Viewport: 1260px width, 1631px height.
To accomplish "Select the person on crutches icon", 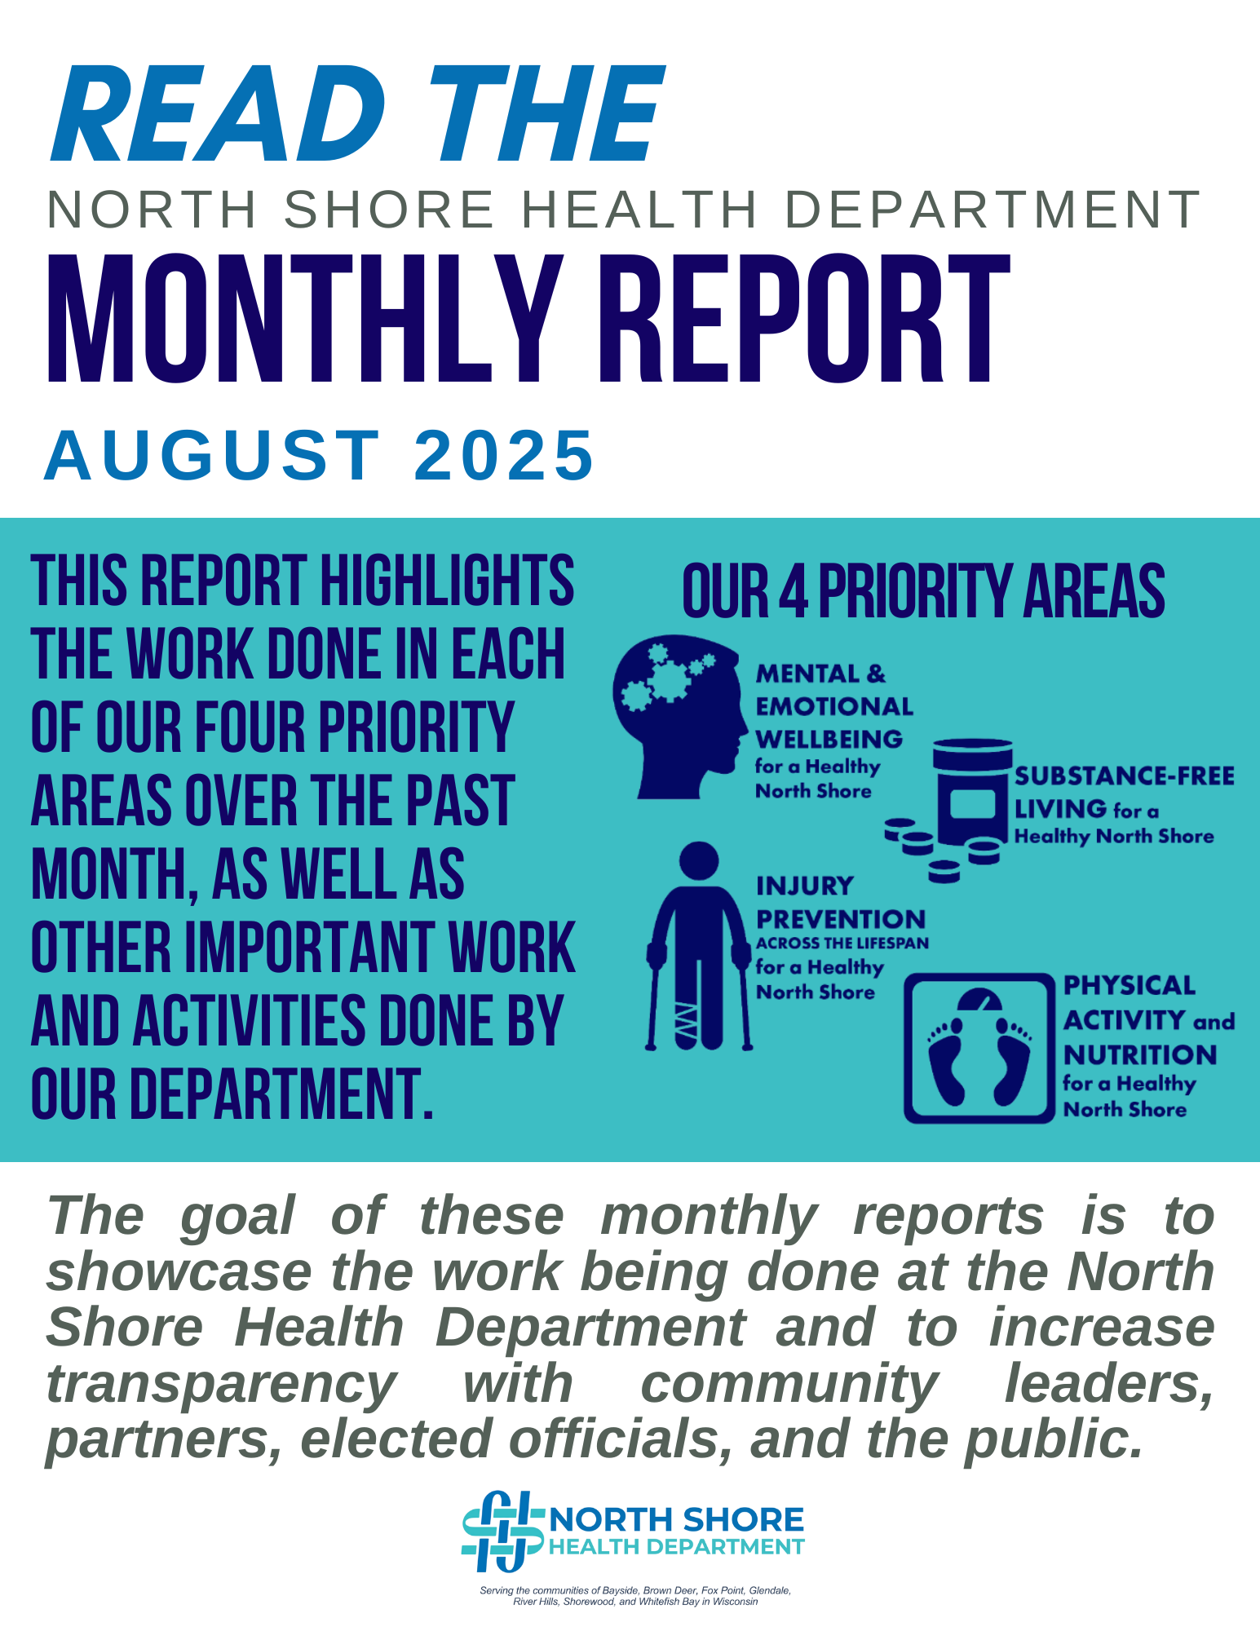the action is click(699, 946).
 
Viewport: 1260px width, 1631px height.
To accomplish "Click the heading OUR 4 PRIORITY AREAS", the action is click(923, 591).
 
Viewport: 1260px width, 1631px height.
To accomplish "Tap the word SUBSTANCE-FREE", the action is click(1125, 776).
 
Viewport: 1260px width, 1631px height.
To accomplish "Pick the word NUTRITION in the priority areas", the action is click(1140, 1055).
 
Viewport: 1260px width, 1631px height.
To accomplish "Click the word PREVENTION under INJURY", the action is click(841, 919).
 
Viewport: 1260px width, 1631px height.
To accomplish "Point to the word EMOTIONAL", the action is click(834, 706).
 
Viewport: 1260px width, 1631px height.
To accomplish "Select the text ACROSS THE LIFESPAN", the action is click(842, 944).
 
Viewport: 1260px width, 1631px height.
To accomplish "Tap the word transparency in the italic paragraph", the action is click(221, 1385).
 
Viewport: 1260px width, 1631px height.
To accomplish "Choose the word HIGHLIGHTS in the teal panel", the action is click(447, 581).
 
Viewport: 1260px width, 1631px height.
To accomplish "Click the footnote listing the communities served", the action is click(635, 1596).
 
